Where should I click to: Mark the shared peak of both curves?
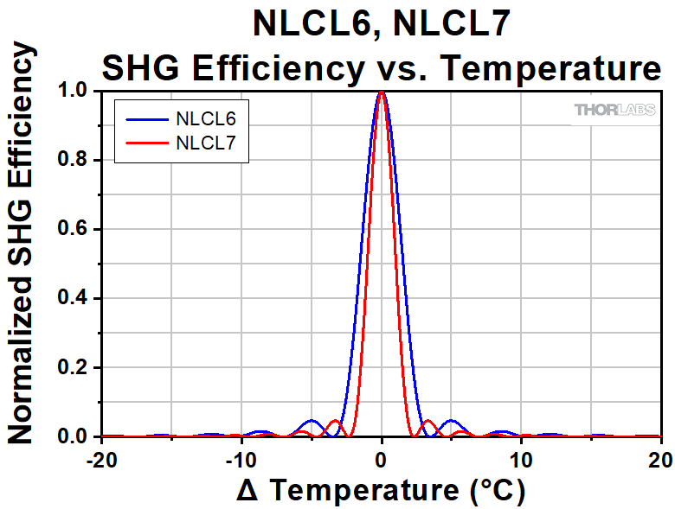382,92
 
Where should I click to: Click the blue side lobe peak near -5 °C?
312,420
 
